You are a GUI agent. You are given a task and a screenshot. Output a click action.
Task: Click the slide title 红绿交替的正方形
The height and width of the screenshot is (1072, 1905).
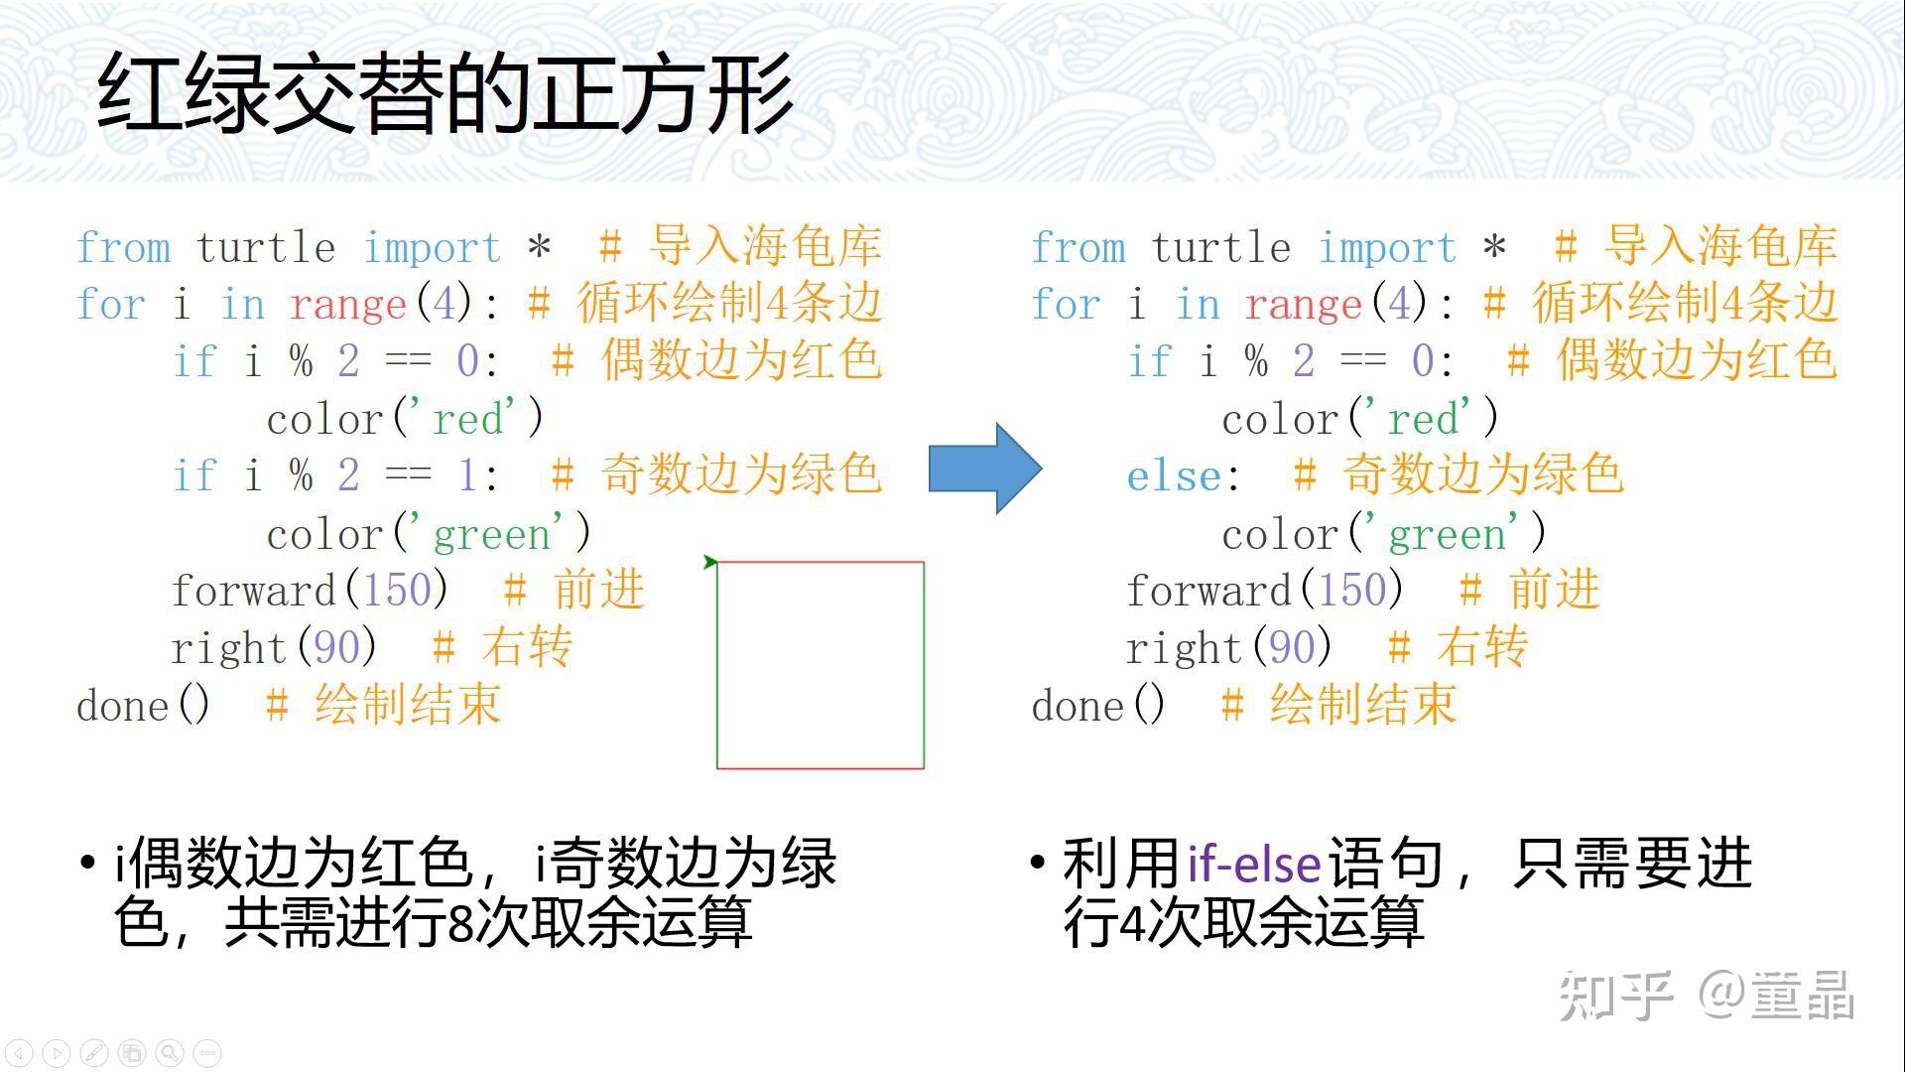[x=444, y=93]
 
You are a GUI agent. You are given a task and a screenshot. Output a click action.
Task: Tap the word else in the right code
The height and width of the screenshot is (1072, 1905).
[x=1174, y=477]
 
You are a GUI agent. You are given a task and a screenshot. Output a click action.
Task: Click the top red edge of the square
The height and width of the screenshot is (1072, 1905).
[x=820, y=562]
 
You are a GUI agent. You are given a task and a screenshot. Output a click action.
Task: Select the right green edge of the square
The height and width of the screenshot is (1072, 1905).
[x=924, y=665]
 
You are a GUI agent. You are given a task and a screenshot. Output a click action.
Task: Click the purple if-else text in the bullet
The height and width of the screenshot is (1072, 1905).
[x=1254, y=864]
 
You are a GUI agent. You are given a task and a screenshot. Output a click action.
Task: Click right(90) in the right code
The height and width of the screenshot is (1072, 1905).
[x=1228, y=649]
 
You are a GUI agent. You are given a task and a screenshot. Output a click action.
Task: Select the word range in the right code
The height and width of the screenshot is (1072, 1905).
[x=1303, y=305]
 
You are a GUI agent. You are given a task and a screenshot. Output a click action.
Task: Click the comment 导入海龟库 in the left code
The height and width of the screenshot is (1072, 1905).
[x=765, y=246]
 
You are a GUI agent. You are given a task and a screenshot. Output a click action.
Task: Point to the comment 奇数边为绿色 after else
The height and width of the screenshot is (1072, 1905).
[x=1482, y=475]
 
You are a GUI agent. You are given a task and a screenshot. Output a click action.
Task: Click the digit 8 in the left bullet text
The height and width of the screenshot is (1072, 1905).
[x=459, y=922]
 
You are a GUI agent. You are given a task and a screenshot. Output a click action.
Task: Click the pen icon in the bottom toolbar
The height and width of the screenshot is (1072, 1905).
[x=94, y=1052]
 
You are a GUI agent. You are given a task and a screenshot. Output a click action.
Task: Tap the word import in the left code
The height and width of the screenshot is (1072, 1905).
[x=432, y=248]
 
